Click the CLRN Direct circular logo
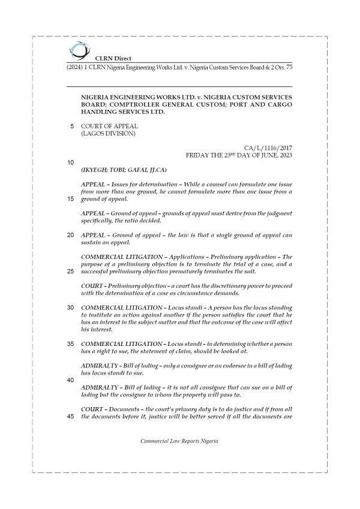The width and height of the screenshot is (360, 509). click(x=78, y=50)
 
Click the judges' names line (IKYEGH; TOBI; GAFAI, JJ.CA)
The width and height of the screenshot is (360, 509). click(x=124, y=170)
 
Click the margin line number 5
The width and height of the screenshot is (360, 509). click(x=73, y=126)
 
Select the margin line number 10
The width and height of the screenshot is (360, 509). click(x=71, y=162)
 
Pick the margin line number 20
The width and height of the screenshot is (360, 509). click(x=71, y=235)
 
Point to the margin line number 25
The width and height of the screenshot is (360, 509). click(x=71, y=271)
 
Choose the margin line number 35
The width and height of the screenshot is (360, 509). click(x=71, y=344)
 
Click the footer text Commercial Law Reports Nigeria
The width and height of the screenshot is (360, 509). click(x=179, y=441)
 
